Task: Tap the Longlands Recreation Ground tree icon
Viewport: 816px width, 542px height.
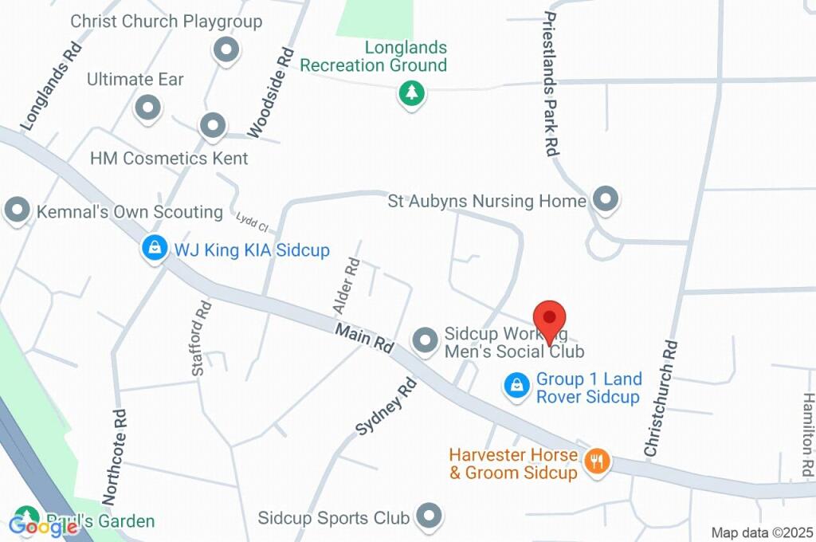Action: [x=411, y=93]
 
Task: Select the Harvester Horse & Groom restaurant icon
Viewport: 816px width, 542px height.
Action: [x=596, y=460]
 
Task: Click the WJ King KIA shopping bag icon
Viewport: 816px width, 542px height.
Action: [x=154, y=249]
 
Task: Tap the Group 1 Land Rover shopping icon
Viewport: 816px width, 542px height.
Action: [x=517, y=387]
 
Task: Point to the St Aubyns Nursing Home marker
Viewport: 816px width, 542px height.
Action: [x=606, y=199]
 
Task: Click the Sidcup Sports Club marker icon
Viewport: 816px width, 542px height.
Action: [x=430, y=516]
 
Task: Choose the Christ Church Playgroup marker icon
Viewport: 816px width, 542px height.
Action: [x=227, y=49]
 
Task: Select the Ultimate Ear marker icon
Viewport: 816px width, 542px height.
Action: [x=147, y=107]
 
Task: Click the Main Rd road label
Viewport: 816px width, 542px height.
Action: [x=365, y=338]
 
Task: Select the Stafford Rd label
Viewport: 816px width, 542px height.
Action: [x=202, y=328]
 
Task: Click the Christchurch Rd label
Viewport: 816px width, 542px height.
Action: [x=662, y=399]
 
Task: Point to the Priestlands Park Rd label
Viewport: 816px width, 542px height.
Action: [x=551, y=83]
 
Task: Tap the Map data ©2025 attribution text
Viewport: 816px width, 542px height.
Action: [x=762, y=532]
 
